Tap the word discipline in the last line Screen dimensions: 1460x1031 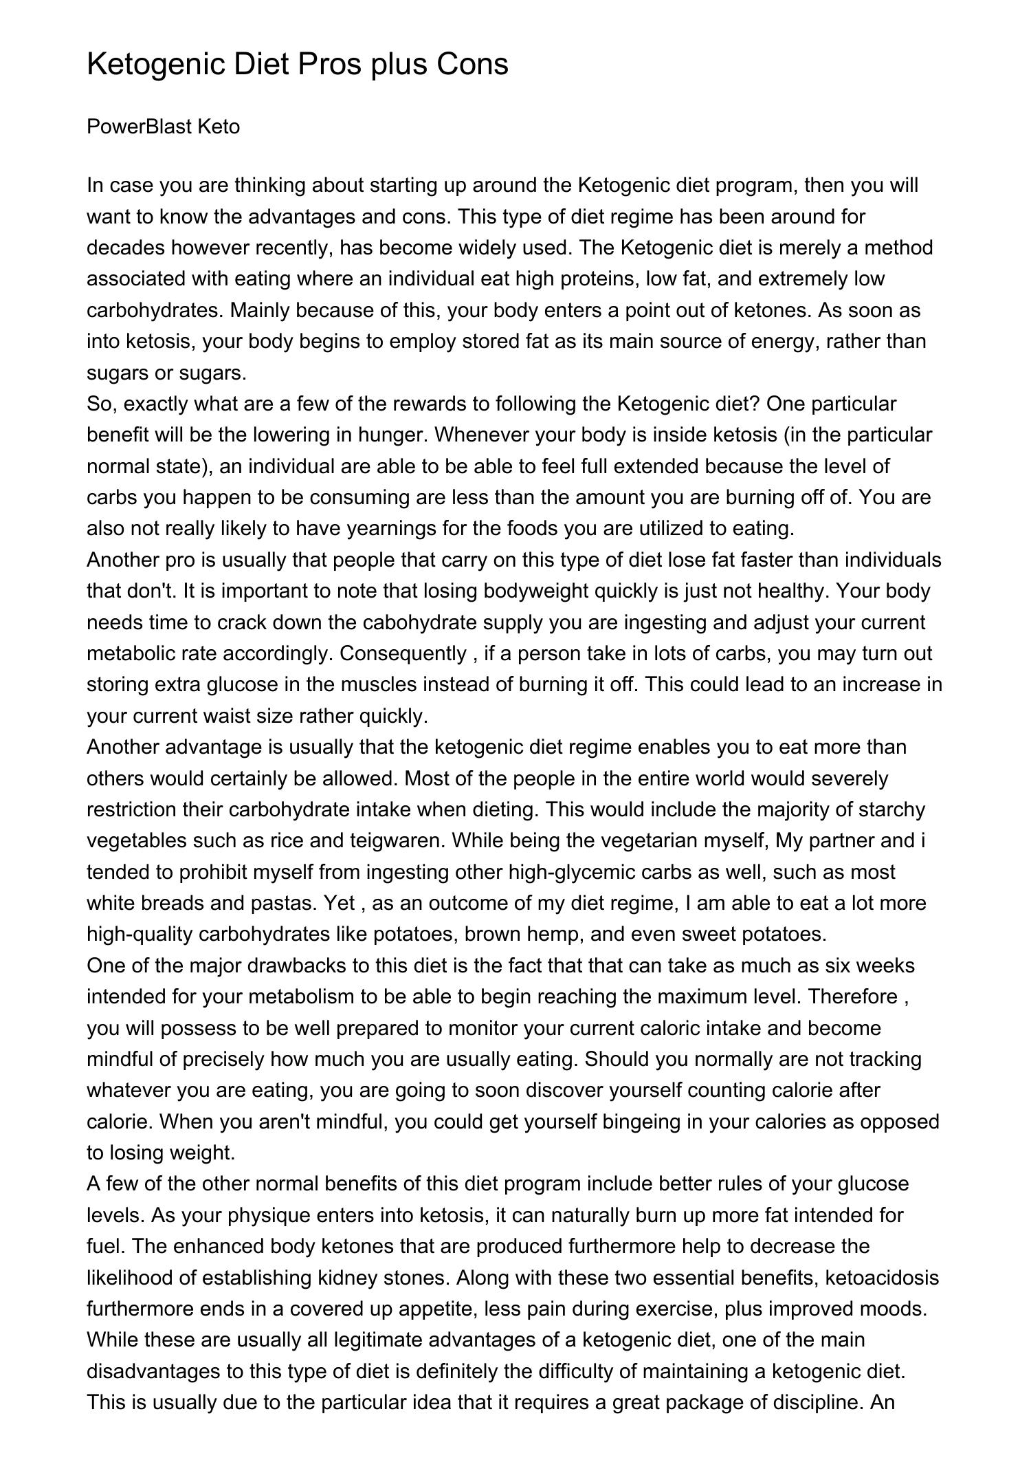(x=808, y=1402)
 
